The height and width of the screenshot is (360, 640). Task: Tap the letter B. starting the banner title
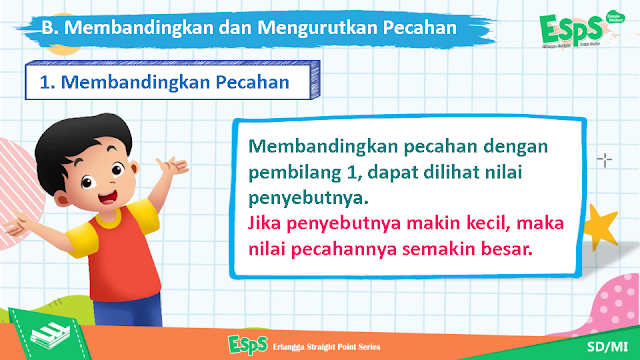pos(49,28)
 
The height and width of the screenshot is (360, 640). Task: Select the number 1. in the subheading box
pos(47,82)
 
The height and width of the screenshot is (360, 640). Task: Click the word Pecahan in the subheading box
pos(252,82)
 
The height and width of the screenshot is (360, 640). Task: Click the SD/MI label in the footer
pos(607,347)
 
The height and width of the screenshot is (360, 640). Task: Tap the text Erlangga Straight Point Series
pos(326,347)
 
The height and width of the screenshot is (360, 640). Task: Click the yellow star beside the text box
pos(600,227)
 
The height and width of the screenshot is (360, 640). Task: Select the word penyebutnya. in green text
pos(309,199)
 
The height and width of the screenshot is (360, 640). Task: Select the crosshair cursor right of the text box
pos(604,160)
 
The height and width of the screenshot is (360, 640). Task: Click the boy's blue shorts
pos(127,311)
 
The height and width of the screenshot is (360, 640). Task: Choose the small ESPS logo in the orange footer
pos(248,345)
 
